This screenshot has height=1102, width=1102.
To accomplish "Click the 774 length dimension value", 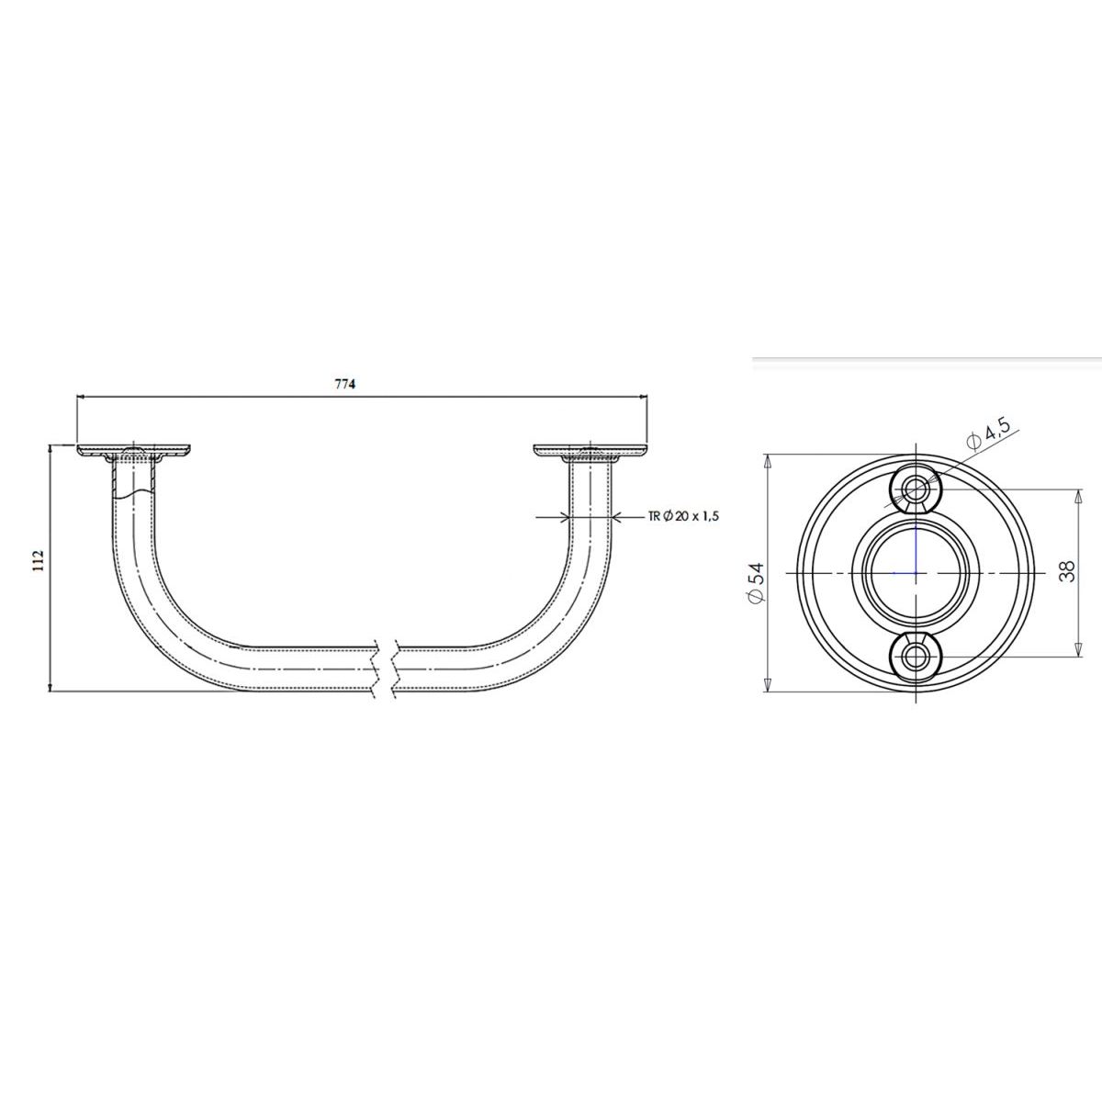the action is click(x=345, y=384).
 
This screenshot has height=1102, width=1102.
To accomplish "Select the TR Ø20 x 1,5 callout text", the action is click(x=683, y=516).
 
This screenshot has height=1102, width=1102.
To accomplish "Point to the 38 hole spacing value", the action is click(x=1066, y=570).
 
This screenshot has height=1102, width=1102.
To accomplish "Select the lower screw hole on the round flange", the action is click(x=916, y=656).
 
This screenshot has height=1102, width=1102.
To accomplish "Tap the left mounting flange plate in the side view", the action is click(x=134, y=451).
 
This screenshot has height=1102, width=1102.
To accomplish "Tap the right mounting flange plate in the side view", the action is click(x=590, y=451).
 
